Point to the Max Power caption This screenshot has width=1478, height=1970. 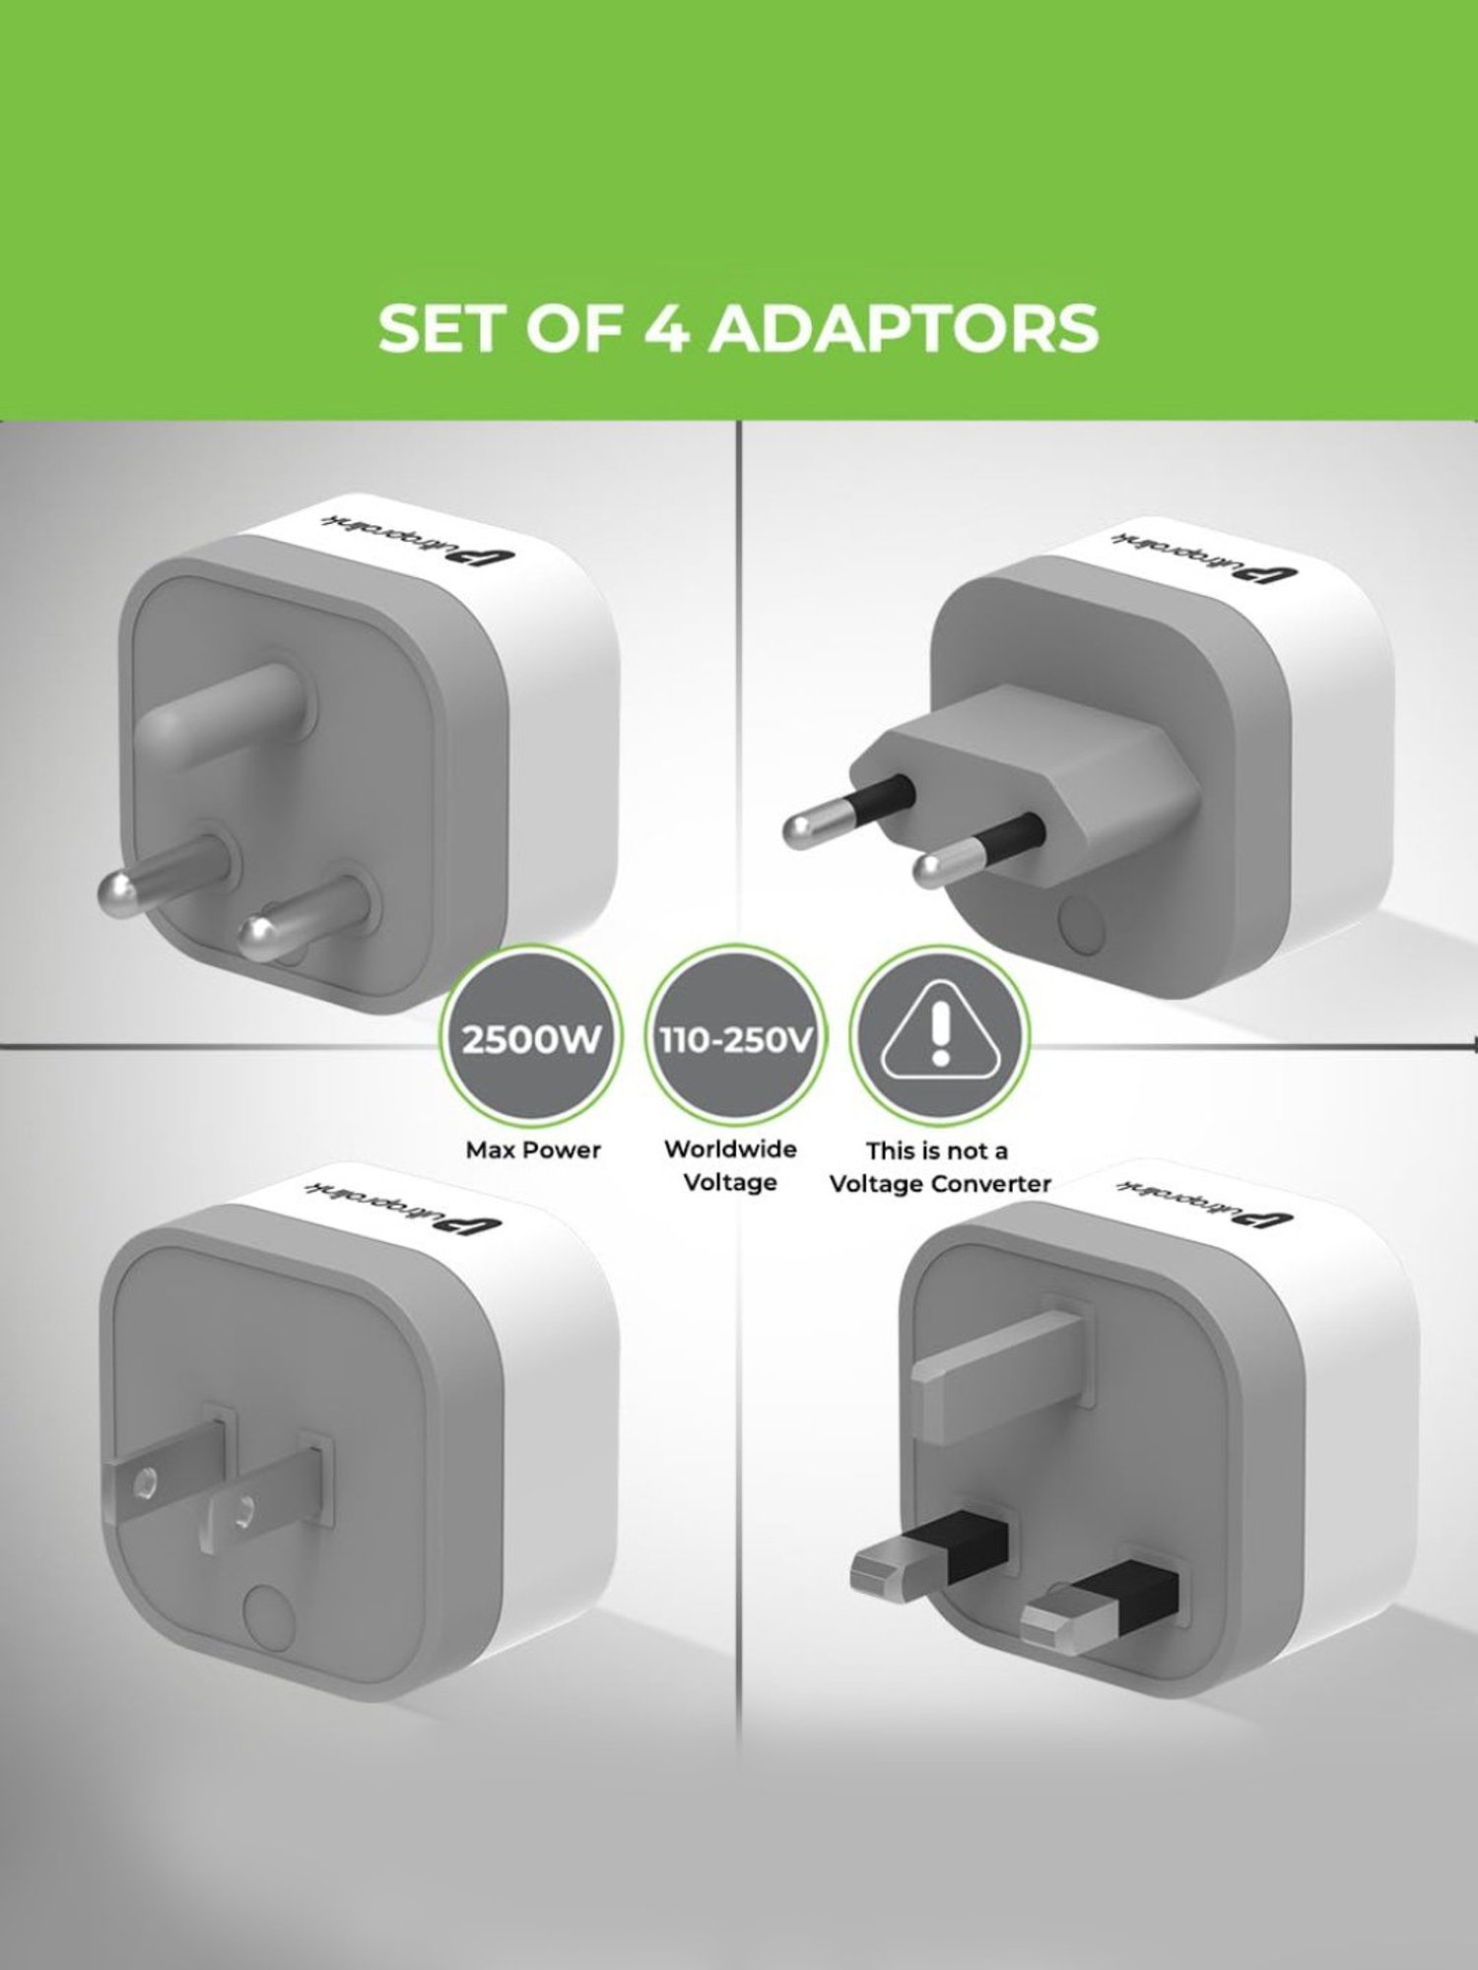point(533,1149)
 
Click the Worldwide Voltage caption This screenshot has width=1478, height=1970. point(730,1165)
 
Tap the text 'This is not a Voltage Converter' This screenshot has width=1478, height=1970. point(939,1167)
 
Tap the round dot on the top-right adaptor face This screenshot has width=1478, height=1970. point(1079,926)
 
